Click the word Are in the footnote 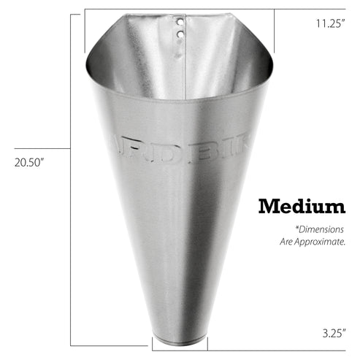[x=287, y=240]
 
